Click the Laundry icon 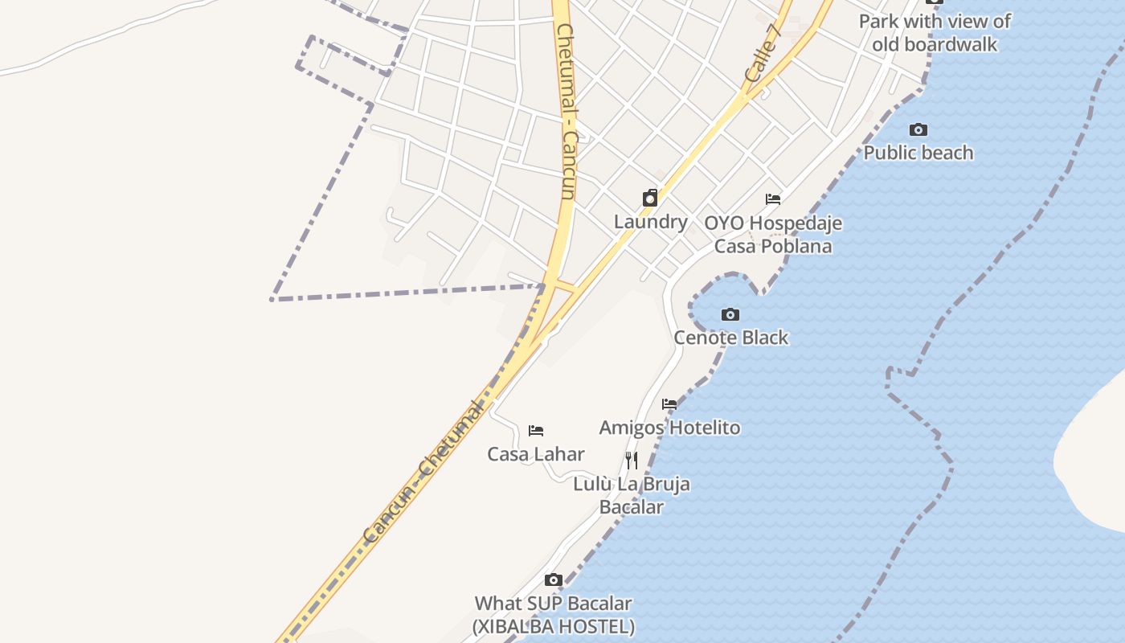pyautogui.click(x=650, y=198)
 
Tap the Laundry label pyautogui.click(x=651, y=222)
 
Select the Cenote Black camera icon pyautogui.click(x=730, y=314)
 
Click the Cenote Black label pyautogui.click(x=731, y=338)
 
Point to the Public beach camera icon pyautogui.click(x=918, y=129)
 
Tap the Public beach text pyautogui.click(x=918, y=153)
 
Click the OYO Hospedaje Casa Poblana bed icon pyautogui.click(x=773, y=199)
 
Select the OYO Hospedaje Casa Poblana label pyautogui.click(x=773, y=234)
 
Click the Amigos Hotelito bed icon pyautogui.click(x=669, y=404)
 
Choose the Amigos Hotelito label pyautogui.click(x=670, y=428)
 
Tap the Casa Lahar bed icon pyautogui.click(x=536, y=431)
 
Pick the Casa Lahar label pyautogui.click(x=536, y=454)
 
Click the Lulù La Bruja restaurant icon pyautogui.click(x=632, y=461)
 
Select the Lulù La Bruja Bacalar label pyautogui.click(x=632, y=495)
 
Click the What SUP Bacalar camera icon pyautogui.click(x=553, y=580)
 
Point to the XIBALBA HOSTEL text pyautogui.click(x=553, y=626)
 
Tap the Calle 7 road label pyautogui.click(x=763, y=52)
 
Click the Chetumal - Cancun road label pyautogui.click(x=566, y=113)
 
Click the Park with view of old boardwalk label pyautogui.click(x=935, y=33)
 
